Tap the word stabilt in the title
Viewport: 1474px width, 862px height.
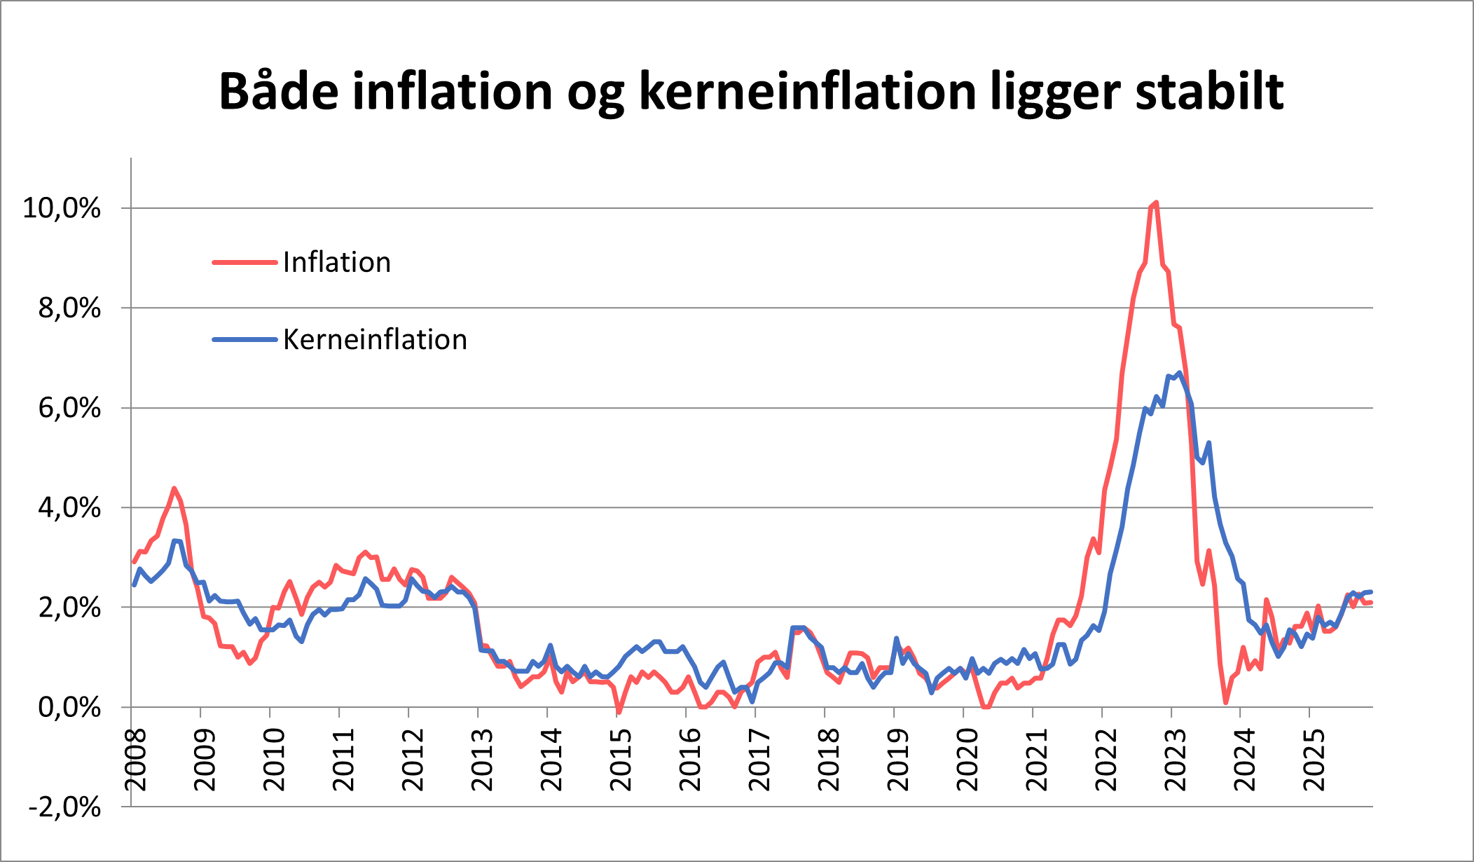1209,91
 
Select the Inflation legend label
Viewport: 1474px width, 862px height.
336,262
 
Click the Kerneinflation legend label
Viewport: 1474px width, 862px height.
374,340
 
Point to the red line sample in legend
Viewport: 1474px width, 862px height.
244,262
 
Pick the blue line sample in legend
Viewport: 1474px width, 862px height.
244,340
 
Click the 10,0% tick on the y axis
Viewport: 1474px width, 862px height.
62,208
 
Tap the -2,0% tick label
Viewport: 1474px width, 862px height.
64,807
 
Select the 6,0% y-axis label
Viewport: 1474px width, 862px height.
69,408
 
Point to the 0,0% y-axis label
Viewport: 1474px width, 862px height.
69,708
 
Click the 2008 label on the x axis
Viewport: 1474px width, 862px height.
135,760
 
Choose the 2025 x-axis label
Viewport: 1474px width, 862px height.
1314,760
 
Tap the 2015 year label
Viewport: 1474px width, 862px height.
621,760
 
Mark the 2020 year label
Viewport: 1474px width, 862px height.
967,760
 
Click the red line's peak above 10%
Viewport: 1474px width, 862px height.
1156,203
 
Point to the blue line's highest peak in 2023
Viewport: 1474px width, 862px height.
1180,373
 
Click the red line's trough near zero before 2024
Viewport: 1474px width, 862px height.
1225,702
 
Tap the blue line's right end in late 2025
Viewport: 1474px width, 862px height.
1370,591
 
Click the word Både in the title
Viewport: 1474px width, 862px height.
277,91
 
